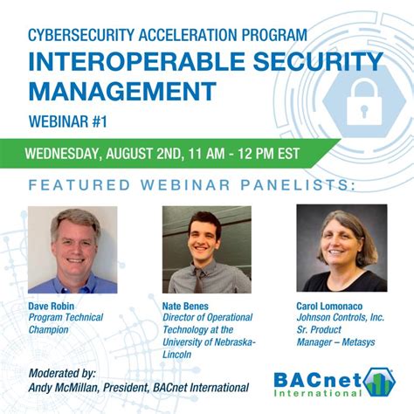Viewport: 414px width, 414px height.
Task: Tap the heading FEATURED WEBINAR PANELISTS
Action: [x=192, y=184]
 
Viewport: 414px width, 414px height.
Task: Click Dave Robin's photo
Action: [x=72, y=249]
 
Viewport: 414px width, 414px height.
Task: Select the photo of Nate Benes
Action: [x=206, y=249]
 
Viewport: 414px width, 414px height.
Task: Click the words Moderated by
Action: [x=62, y=372]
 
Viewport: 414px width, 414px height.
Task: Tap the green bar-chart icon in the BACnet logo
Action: [x=381, y=381]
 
